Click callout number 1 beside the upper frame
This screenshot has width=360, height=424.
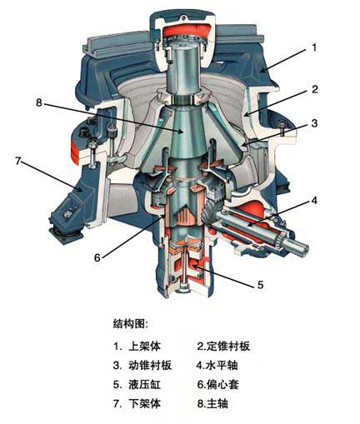click(314, 47)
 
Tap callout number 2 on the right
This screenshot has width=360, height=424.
click(315, 89)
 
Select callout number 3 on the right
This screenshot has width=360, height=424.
click(314, 122)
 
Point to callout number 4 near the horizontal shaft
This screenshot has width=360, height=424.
click(314, 200)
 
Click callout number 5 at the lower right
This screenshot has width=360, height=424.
click(260, 285)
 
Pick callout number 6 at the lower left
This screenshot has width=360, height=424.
click(97, 257)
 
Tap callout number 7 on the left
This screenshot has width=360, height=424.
click(18, 161)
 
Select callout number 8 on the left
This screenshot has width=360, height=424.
click(39, 102)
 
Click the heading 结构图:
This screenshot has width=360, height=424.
click(131, 323)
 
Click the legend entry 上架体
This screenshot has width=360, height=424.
click(145, 347)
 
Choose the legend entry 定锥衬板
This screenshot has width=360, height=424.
click(228, 346)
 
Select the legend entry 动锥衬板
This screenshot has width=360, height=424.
click(150, 365)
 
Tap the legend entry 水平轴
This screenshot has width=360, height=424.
click(222, 365)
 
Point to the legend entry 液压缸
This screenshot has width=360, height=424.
click(145, 385)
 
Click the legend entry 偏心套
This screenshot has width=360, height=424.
click(222, 385)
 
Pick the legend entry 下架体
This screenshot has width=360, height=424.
click(145, 403)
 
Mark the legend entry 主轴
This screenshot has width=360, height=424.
click(217, 403)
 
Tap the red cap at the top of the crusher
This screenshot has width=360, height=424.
click(184, 30)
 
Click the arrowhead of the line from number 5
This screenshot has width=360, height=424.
click(192, 267)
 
